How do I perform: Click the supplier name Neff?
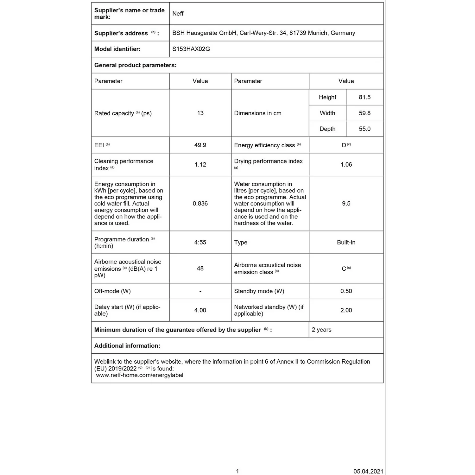point(178,14)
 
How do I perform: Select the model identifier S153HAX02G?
point(191,49)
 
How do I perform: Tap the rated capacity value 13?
point(200,113)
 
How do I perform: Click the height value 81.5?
point(364,97)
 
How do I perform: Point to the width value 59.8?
point(364,113)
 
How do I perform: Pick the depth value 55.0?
point(364,129)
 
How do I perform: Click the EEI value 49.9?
point(200,145)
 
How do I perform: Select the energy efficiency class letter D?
point(344,145)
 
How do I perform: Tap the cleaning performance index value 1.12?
point(200,165)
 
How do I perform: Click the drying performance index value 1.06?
point(346,165)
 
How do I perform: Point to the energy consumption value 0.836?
point(200,204)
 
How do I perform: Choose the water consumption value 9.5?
point(346,204)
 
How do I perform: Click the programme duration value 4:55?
point(200,243)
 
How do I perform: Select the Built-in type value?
point(346,243)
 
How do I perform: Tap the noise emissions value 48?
point(200,269)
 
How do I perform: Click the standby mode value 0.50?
point(346,291)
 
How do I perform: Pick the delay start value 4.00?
point(200,310)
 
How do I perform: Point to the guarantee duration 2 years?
point(321,330)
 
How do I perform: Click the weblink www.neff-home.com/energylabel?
point(140,375)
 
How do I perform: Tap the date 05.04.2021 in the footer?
point(368,471)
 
